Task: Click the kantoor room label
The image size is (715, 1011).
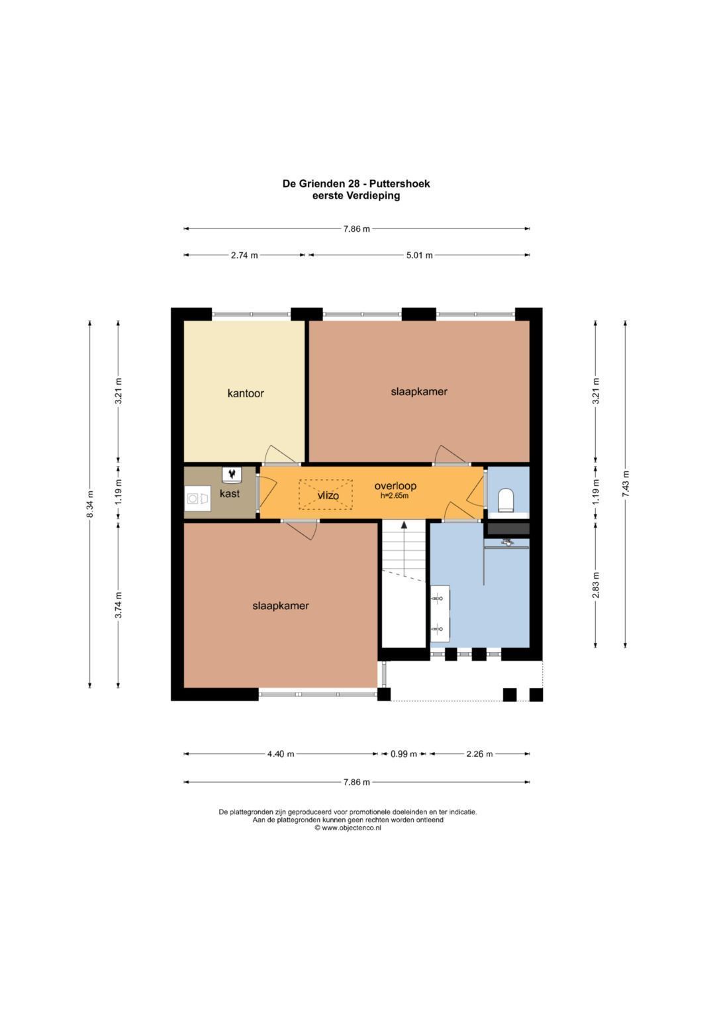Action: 245,393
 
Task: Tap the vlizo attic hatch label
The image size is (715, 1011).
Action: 328,496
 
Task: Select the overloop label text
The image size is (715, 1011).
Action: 395,486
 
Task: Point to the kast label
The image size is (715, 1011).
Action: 229,493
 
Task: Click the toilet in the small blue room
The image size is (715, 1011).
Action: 506,499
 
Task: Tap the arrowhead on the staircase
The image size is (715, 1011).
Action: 404,524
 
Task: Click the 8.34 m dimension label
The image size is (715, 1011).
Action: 90,504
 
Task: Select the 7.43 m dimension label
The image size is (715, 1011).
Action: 625,484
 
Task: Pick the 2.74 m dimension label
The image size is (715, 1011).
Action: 244,255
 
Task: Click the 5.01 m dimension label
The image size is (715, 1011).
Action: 419,255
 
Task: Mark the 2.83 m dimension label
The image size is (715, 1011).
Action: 596,585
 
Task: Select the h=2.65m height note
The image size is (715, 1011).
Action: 395,496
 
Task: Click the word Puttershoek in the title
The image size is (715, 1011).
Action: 399,183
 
